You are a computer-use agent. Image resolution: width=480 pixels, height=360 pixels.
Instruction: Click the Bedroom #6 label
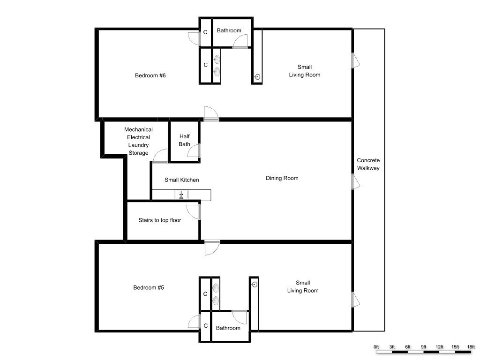pos(150,75)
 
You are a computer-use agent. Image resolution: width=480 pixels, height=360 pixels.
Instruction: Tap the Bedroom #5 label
pos(149,287)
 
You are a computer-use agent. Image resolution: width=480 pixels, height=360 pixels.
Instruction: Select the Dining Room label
pos(282,178)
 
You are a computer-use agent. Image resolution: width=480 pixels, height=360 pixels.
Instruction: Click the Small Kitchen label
pos(181,180)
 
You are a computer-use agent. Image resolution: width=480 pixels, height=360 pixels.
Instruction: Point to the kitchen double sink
pos(181,195)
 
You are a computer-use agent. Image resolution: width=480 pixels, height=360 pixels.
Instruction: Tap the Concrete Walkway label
pos(368,164)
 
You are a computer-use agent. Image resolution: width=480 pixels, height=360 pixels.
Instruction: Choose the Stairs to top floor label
pos(159,220)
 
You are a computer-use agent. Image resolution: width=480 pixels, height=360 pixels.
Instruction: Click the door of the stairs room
pos(194,212)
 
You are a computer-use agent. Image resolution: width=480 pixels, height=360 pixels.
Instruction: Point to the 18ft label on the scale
pos(471,347)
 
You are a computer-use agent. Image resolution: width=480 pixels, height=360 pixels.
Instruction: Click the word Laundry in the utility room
pos(138,145)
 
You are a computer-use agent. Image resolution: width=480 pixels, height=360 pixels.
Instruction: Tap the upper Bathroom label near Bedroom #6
pos(229,30)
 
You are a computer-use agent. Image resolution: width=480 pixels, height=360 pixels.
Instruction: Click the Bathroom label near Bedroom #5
pos(228,328)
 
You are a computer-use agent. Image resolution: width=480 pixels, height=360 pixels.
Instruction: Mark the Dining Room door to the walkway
pos(355,182)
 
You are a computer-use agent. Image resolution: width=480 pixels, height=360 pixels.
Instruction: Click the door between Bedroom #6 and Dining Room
pos(211,114)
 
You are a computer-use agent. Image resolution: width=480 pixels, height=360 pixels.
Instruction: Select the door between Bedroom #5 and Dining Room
pos(212,247)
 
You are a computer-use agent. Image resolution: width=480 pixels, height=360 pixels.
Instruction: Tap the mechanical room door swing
pos(160,156)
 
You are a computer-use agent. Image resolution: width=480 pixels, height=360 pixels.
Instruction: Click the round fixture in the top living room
pos(257,77)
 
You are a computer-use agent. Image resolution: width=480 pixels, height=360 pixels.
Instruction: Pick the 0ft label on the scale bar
pos(376,347)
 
